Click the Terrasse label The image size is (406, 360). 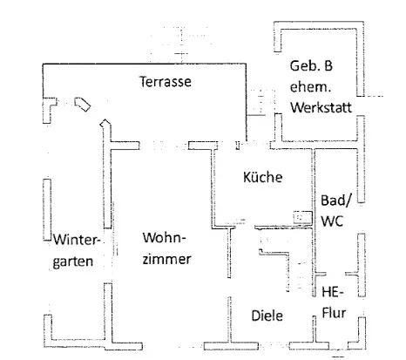pos(166,81)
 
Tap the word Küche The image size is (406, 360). pos(263,177)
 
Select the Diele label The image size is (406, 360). pos(267,316)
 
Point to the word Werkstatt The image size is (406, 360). pos(321,107)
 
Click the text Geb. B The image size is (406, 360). pos(311,65)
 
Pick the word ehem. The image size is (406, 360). pos(311,86)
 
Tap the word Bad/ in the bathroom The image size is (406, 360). pos(336,200)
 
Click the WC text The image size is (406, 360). pos(332,221)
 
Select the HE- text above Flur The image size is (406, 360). pos(333,292)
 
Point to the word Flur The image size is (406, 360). pos(334,313)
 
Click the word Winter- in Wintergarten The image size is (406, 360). pos(77,240)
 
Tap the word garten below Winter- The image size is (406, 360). pos(73,262)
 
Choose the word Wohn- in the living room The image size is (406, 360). pos(164,238)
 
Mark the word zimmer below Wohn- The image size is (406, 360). pos(166,259)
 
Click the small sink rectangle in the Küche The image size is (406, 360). pos(302,217)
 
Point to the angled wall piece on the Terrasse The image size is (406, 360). pos(83,105)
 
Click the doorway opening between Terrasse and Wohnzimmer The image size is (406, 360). pos(164,146)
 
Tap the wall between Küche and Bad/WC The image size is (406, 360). pos(314,221)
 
